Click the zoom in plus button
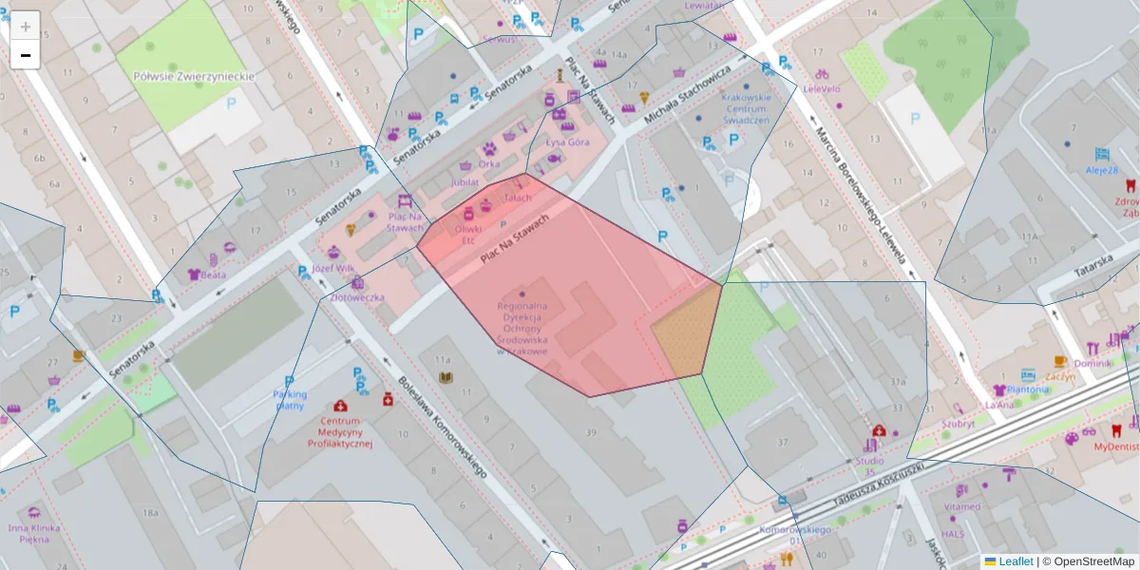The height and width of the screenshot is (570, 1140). pyautogui.click(x=26, y=27)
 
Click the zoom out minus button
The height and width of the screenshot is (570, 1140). pyautogui.click(x=26, y=55)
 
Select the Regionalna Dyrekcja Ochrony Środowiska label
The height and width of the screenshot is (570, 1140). pyautogui.click(x=522, y=328)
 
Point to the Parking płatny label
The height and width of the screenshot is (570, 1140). pyautogui.click(x=290, y=400)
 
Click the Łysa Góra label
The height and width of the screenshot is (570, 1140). pyautogui.click(x=567, y=142)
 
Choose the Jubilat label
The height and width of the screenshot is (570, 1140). pyautogui.click(x=465, y=180)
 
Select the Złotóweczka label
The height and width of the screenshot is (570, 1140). pyautogui.click(x=357, y=296)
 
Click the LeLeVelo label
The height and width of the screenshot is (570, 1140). pyautogui.click(x=822, y=88)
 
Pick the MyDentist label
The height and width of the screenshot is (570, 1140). pyautogui.click(x=1115, y=446)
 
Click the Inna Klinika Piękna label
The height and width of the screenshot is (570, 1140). pyautogui.click(x=34, y=533)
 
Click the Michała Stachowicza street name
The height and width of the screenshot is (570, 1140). pyautogui.click(x=687, y=95)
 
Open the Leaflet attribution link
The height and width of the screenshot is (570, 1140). pyautogui.click(x=1016, y=561)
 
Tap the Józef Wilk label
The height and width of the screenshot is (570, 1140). pyautogui.click(x=332, y=269)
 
